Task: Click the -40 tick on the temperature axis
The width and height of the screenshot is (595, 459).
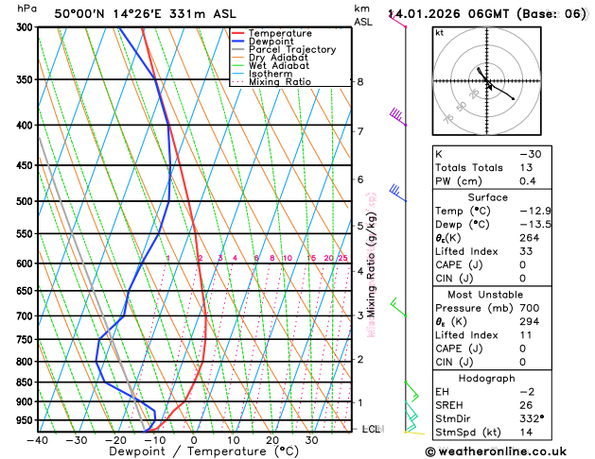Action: [x=38, y=440]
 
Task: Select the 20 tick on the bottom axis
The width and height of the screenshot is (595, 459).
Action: [x=272, y=440]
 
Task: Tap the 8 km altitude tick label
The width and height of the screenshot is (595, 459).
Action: [x=360, y=82]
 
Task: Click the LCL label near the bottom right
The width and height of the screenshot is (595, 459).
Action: [x=372, y=429]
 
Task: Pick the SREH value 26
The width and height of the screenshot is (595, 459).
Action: [x=526, y=405]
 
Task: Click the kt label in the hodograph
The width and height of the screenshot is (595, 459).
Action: [x=439, y=32]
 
